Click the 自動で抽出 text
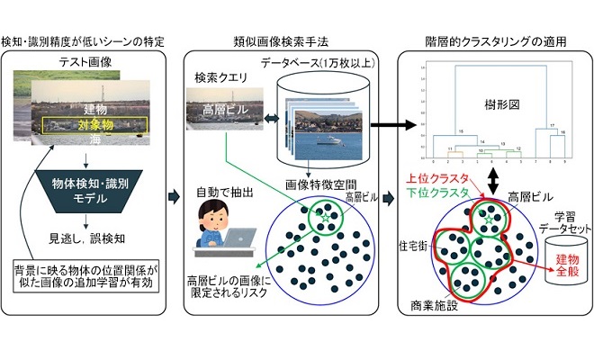coord(220,192)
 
